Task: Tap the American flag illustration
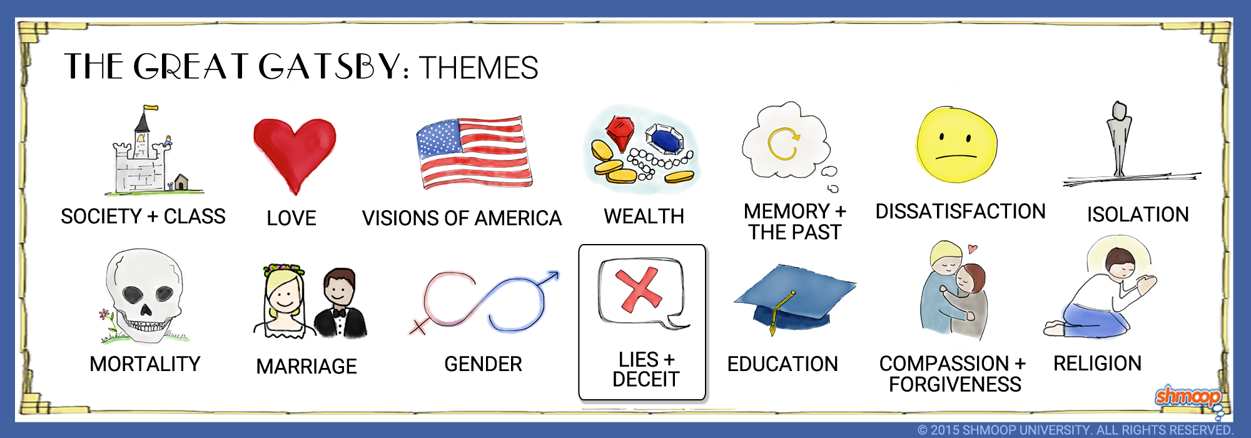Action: pos(474,152)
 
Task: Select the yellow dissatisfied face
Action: pos(956,145)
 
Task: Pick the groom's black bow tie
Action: pos(339,312)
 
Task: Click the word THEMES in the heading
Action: pos(479,68)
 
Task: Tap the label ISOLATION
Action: pos(1138,215)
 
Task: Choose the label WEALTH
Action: pos(644,216)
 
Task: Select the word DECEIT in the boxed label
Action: pos(646,379)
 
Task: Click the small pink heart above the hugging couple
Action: pos(972,248)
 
